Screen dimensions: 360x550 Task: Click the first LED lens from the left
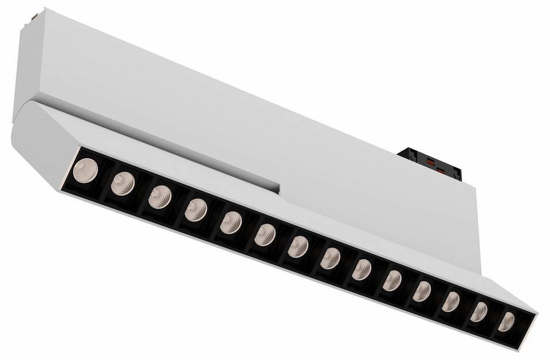tap(86, 170)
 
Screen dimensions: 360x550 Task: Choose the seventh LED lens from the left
tap(298, 246)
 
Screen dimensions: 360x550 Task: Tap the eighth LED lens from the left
tap(331, 259)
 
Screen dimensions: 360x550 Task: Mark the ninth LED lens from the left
tap(362, 269)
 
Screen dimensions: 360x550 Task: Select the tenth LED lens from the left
tap(392, 281)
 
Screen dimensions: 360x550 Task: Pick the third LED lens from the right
tap(451, 302)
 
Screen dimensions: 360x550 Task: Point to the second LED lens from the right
tap(479, 312)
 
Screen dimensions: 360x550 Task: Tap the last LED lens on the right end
tap(506, 322)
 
